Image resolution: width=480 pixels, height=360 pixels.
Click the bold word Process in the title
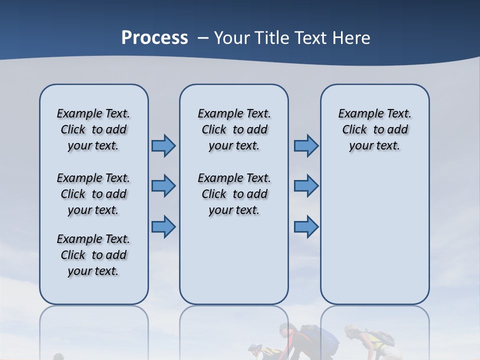[x=154, y=37]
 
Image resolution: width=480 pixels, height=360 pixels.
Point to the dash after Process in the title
[x=203, y=38]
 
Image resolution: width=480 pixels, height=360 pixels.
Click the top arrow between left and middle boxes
[x=163, y=146]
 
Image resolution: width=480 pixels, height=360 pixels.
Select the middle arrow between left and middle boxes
[x=163, y=186]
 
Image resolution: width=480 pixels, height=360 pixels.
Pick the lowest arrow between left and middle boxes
[x=163, y=226]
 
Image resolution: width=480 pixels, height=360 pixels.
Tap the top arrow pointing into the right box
[x=306, y=146]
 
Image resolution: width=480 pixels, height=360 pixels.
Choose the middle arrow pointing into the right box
[x=306, y=186]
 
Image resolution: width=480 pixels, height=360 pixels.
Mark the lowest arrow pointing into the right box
[x=306, y=226]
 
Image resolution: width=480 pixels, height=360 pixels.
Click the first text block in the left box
[x=93, y=129]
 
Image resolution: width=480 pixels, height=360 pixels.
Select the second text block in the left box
[x=93, y=194]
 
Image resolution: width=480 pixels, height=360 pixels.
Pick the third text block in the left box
[x=93, y=255]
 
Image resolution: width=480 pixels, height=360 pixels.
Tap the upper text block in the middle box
[x=234, y=129]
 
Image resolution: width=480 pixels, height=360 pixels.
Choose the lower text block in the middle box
[x=234, y=194]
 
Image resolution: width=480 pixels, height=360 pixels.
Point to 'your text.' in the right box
[x=374, y=146]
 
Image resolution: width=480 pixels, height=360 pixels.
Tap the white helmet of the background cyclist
[x=255, y=347]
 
